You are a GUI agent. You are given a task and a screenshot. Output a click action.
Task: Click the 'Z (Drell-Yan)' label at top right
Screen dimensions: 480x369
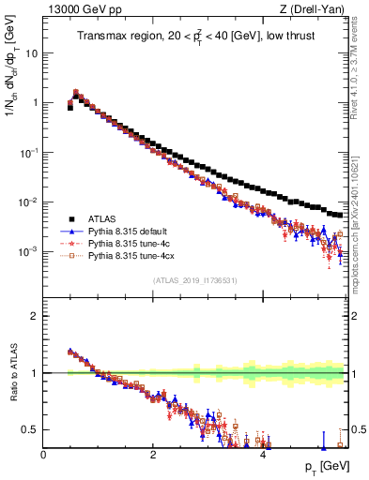(316, 10)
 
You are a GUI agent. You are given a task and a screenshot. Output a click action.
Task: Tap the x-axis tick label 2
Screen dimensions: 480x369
(153, 455)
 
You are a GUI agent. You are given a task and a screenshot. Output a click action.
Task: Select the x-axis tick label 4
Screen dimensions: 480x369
(264, 455)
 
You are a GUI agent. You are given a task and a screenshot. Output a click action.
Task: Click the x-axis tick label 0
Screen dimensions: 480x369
(43, 455)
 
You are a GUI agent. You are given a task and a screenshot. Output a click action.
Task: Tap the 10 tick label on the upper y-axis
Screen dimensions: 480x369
(31, 52)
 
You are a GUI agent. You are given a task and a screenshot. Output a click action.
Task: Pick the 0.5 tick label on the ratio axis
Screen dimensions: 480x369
(29, 429)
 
